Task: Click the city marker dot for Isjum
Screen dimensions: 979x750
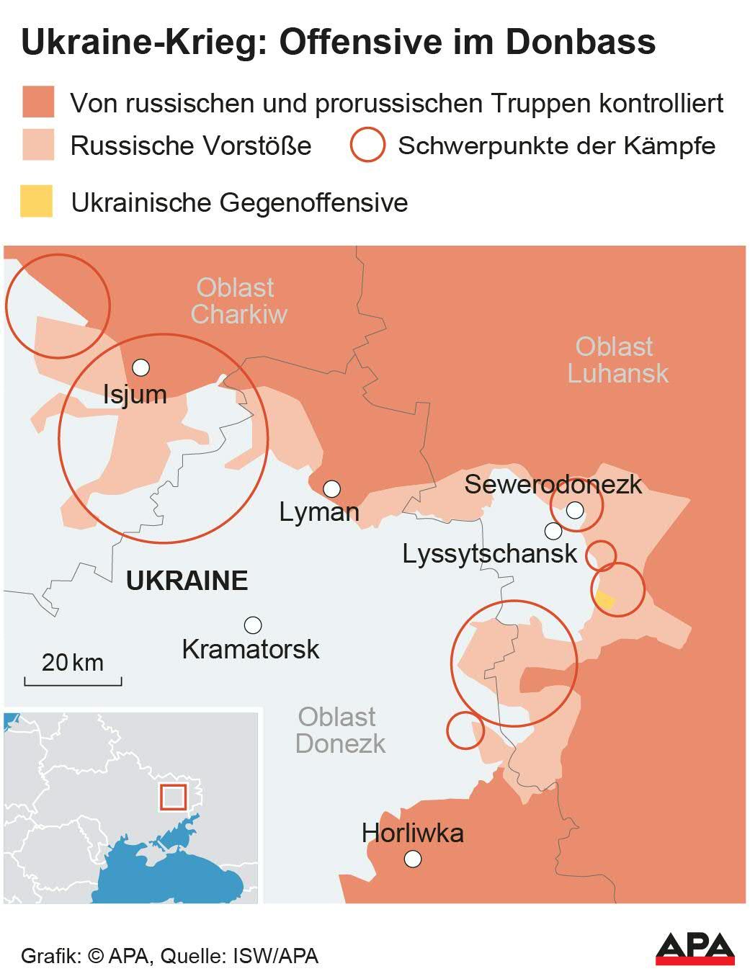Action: [x=141, y=367]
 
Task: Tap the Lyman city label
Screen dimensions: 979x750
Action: [x=319, y=512]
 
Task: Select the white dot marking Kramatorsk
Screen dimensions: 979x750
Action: [x=253, y=625]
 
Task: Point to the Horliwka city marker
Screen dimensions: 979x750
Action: [x=413, y=859]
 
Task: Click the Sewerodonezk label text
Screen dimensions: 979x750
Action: [x=553, y=484]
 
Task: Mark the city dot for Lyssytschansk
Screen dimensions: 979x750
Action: [x=553, y=531]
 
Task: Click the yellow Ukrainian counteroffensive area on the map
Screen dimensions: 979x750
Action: [x=605, y=600]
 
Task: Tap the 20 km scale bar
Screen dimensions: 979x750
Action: [x=73, y=679]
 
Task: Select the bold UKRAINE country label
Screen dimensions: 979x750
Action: [x=187, y=581]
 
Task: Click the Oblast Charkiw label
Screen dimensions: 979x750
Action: [x=238, y=301]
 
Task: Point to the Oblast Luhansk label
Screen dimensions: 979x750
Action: [x=617, y=360]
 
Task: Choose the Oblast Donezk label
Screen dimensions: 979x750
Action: [x=339, y=730]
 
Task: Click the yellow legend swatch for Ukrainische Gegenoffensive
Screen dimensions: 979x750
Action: [x=37, y=201]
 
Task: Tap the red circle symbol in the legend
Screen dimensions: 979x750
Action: [x=367, y=145]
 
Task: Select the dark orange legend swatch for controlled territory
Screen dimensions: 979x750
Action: [x=37, y=102]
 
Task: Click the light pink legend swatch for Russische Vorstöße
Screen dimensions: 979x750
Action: [x=37, y=145]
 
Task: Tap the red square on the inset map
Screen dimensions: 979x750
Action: [x=173, y=797]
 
